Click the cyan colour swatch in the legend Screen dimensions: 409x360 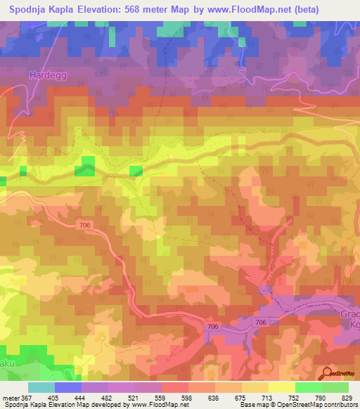coord(41,387)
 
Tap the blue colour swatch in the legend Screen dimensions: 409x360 coord(68,387)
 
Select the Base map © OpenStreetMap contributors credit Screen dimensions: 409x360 coord(300,405)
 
